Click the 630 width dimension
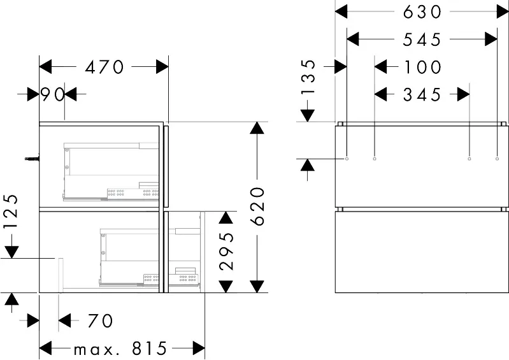click(x=422, y=12)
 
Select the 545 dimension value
click(x=422, y=40)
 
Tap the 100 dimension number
click(x=422, y=67)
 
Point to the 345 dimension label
click(x=422, y=95)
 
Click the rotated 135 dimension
click(x=308, y=76)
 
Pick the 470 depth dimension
click(x=104, y=67)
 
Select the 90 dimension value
click(x=52, y=95)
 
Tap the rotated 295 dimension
click(x=227, y=251)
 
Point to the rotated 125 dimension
click(x=11, y=212)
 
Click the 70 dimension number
click(x=100, y=320)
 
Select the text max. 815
click(x=120, y=349)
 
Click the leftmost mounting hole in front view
click(x=347, y=159)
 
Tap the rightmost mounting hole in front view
click(x=497, y=159)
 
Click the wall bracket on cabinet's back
click(x=32, y=159)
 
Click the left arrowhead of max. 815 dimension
click(x=45, y=349)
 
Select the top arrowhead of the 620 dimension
click(x=257, y=128)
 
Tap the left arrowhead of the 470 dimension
click(x=45, y=67)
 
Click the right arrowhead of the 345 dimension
click(x=464, y=94)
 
